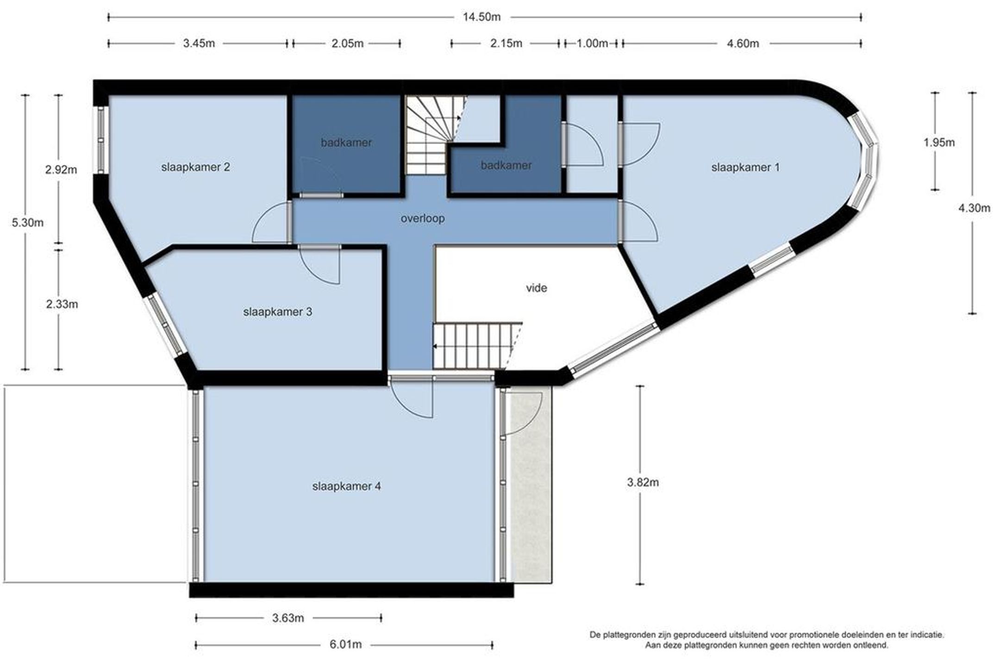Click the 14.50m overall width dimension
pos(481,17)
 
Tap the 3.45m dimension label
pos(199,44)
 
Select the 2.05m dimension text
pos(347,44)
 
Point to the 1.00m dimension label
pos(592,44)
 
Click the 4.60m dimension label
pos(743,44)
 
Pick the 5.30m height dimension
pos(28,223)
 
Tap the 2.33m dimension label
pos(62,304)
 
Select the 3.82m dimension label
pos(643,482)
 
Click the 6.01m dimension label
pos(345,644)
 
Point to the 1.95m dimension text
pos(939,143)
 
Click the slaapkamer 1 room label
pos(745,167)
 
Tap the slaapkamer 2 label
pos(195,167)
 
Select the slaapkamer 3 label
pos(277,312)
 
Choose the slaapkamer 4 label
pos(346,486)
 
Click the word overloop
pos(423,218)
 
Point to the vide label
pos(536,288)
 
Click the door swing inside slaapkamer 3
pos(324,273)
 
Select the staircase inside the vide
pos(477,346)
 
